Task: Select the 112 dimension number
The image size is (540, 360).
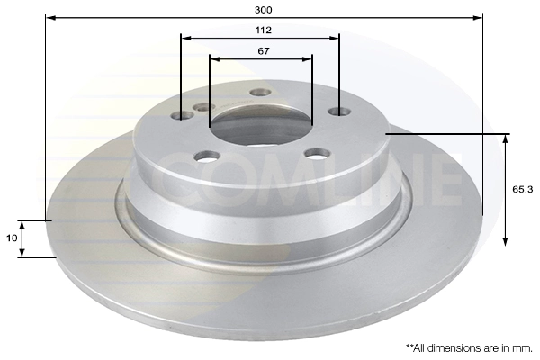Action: pos(263,30)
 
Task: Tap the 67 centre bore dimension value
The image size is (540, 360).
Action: pos(263,51)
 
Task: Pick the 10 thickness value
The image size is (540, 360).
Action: pos(10,238)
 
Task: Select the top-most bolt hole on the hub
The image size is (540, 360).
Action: pos(260,93)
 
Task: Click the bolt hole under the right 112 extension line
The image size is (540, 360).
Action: pos(338,112)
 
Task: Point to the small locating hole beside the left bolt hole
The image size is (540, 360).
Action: pos(203,107)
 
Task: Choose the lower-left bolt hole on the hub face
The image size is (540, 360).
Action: pos(206,157)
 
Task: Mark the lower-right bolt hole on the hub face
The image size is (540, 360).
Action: pos(315,154)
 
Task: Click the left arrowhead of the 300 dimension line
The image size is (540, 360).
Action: pos(49,17)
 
